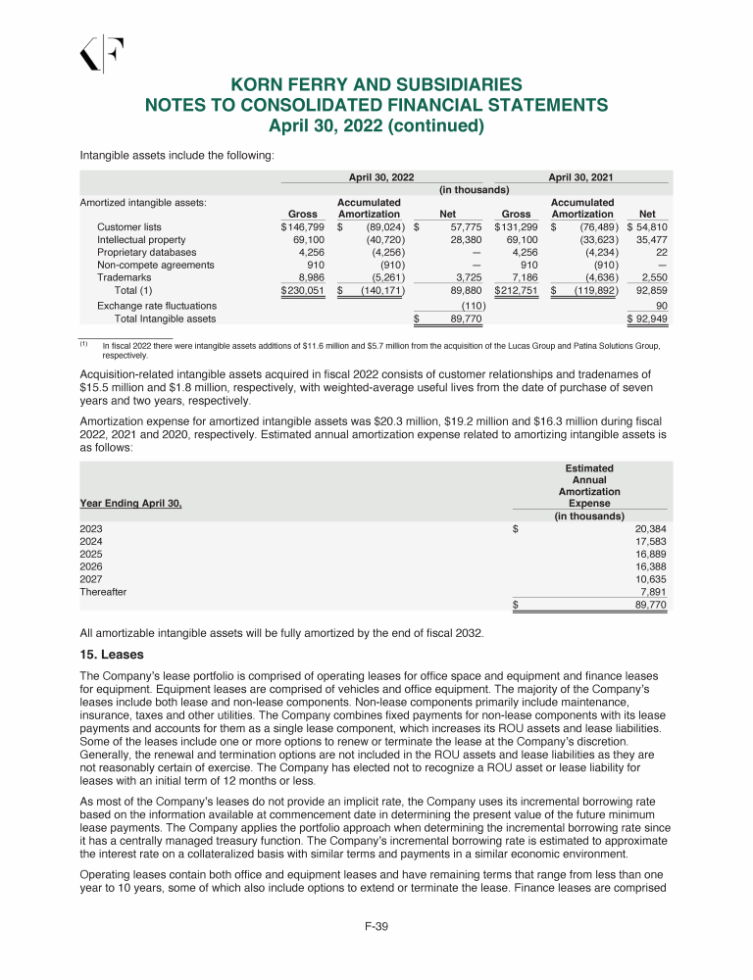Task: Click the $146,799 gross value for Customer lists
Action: [303, 226]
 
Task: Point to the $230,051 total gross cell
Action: [303, 290]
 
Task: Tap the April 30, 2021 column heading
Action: [580, 175]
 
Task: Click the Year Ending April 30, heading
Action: [130, 504]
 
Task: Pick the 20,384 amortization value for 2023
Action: [646, 529]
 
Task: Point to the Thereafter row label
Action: [103, 592]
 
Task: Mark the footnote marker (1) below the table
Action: [84, 343]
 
